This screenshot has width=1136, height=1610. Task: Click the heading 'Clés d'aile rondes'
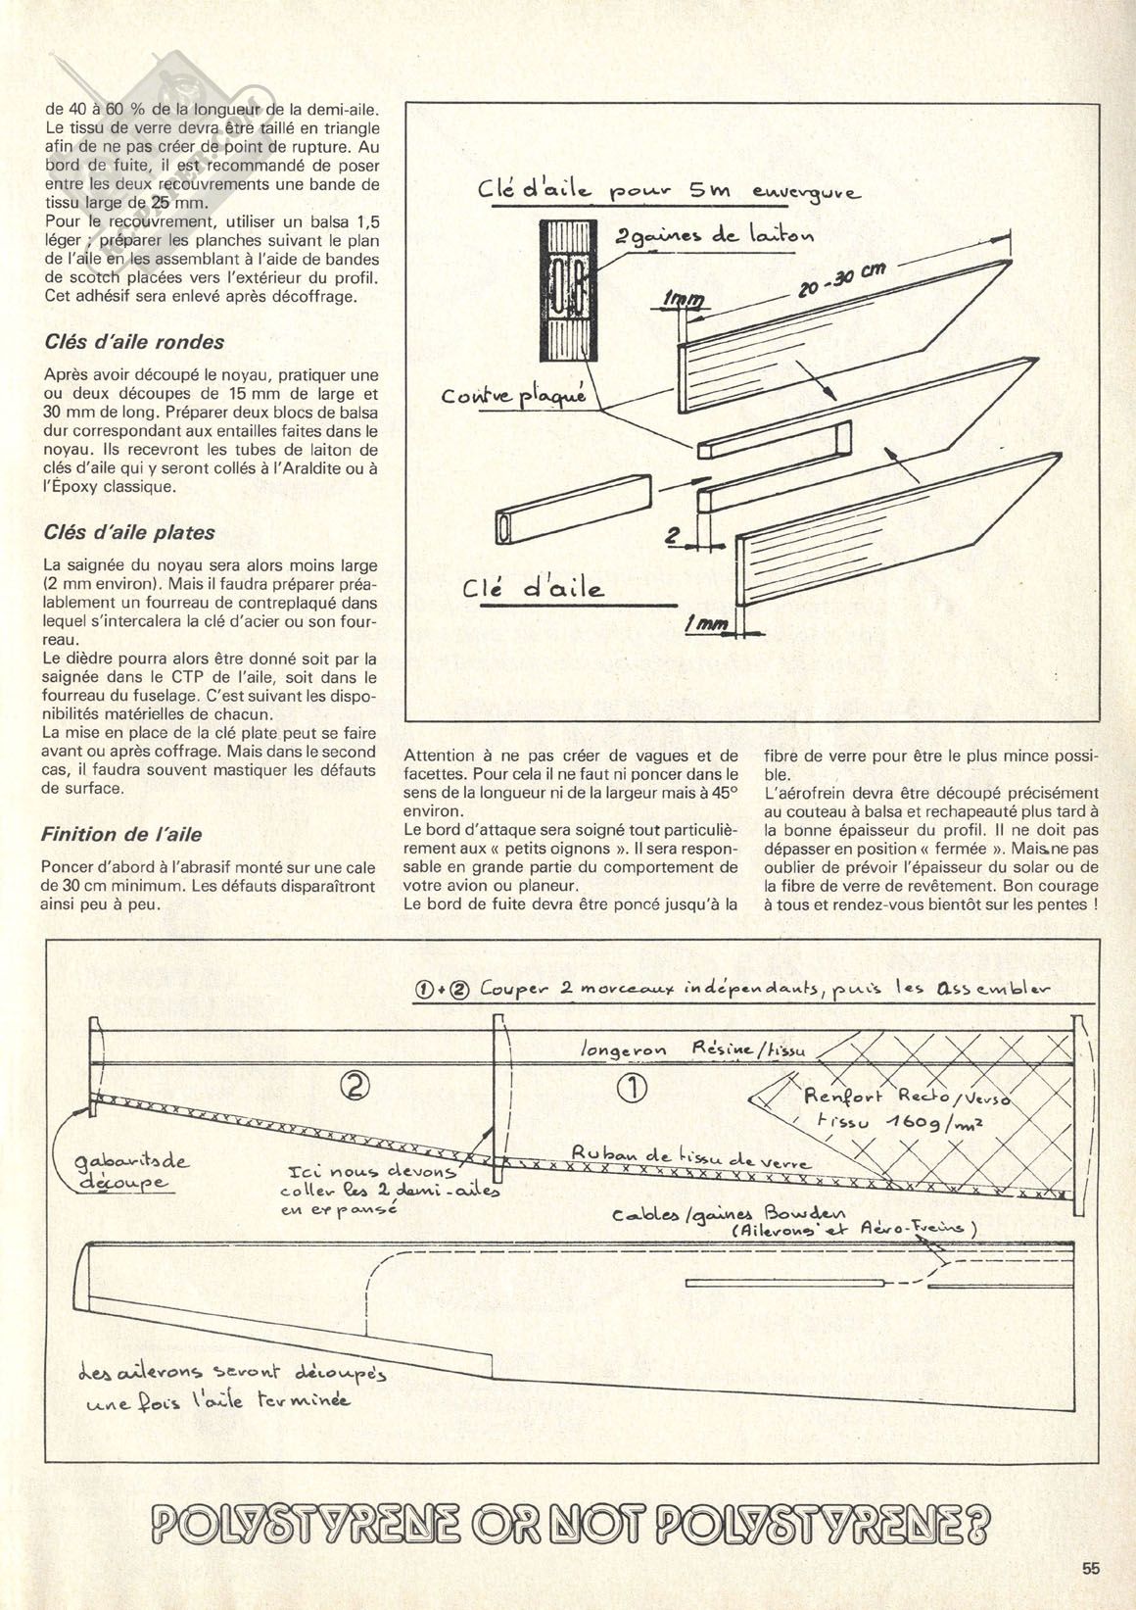[134, 342]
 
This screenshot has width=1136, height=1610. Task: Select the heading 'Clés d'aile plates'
[129, 533]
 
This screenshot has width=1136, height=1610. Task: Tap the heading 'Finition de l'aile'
[121, 835]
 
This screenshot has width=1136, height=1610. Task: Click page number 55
[1091, 1569]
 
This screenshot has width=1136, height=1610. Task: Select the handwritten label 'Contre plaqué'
[513, 396]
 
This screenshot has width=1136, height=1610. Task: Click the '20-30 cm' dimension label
[841, 283]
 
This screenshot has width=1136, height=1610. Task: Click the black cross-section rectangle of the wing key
[569, 290]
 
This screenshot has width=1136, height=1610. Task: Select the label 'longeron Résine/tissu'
[693, 1050]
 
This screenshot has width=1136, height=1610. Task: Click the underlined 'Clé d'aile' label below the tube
[533, 589]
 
